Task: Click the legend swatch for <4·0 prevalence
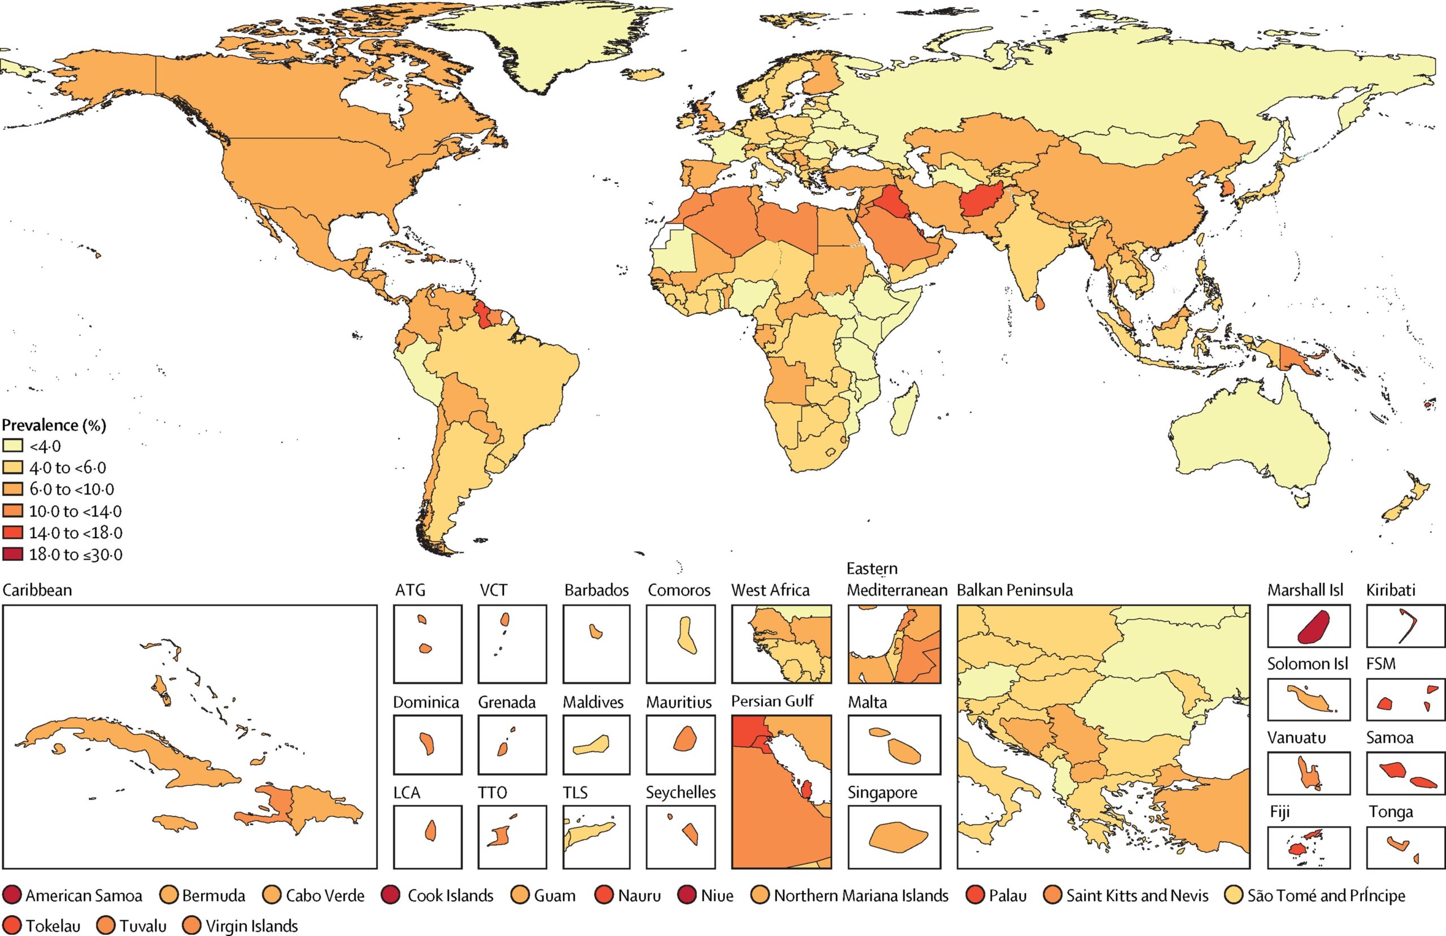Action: coord(13,446)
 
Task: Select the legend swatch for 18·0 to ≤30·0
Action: coord(13,554)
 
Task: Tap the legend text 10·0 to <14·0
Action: coord(75,511)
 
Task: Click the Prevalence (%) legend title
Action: coord(54,425)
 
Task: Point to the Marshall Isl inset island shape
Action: coord(1312,626)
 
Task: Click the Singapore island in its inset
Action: coord(898,837)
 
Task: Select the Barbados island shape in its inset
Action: coord(596,631)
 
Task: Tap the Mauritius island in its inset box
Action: coord(685,738)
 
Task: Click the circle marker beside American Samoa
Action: coord(12,895)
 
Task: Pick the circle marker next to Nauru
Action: coord(604,895)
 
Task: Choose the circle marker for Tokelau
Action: coord(12,926)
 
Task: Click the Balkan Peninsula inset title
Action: coord(1014,590)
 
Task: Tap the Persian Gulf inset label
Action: coord(772,701)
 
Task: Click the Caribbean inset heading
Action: coord(38,590)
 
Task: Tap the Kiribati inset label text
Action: coord(1391,590)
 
